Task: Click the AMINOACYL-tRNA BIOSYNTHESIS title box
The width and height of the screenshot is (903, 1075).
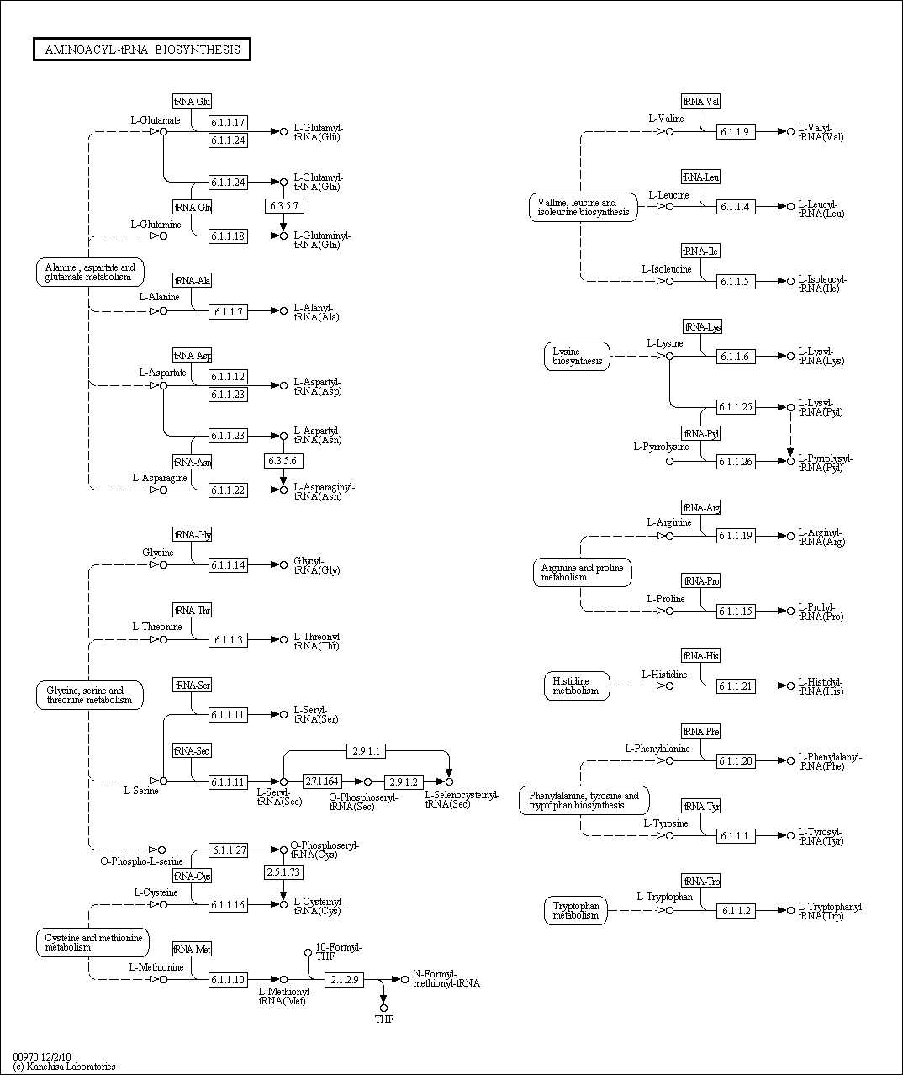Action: (x=142, y=50)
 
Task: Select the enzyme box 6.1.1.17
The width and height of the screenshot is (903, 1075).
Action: (x=228, y=123)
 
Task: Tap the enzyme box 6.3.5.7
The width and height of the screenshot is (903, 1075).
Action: (x=283, y=206)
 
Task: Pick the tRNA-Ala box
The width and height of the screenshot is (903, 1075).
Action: (x=192, y=281)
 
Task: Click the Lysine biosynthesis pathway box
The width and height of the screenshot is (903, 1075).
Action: (x=577, y=356)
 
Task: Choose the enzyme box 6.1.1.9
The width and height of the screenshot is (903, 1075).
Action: (x=736, y=131)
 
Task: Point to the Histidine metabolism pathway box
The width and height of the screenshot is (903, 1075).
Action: (x=576, y=686)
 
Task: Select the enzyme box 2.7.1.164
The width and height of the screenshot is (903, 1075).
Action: (x=322, y=781)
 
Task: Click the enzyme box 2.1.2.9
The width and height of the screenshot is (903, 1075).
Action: (x=344, y=979)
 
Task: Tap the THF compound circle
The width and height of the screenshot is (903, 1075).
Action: (x=383, y=1008)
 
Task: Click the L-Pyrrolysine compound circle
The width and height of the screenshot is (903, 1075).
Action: (x=669, y=461)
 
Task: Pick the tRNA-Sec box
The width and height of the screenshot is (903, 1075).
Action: (x=192, y=750)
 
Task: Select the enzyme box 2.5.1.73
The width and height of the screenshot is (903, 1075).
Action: (x=283, y=872)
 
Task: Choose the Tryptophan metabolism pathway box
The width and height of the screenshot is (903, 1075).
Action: (x=576, y=910)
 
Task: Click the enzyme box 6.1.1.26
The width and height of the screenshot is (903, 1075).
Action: (x=736, y=461)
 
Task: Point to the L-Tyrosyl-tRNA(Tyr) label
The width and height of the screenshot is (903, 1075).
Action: (x=820, y=836)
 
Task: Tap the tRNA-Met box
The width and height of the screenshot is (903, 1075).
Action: (x=192, y=950)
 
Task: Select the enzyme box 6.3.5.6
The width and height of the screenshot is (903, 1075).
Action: (x=283, y=461)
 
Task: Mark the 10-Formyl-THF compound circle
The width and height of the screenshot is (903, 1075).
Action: (x=309, y=952)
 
